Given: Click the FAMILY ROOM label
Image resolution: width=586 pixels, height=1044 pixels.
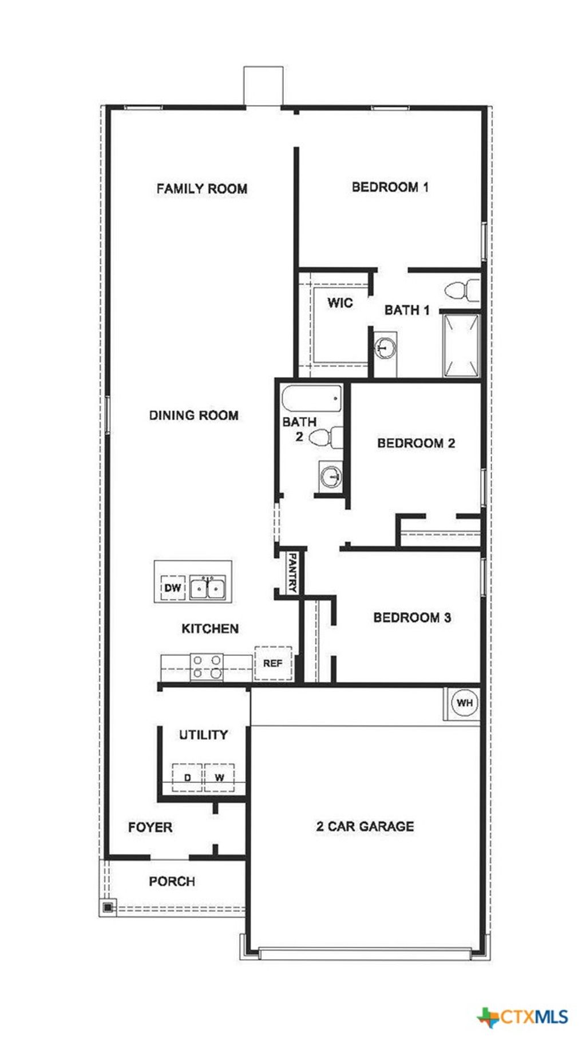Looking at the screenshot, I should coord(201,188).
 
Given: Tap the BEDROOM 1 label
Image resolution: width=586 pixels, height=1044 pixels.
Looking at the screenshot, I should coord(390,187).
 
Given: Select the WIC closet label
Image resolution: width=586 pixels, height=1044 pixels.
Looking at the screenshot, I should coord(340,302).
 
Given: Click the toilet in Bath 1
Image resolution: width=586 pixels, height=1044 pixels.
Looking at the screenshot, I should coord(462,290).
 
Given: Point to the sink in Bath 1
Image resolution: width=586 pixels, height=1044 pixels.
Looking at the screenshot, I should coord(385,347).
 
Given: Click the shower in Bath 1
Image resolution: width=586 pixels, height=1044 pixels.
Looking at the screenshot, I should coord(461,345).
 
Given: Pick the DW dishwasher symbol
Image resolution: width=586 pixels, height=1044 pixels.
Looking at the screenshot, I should coord(172,588).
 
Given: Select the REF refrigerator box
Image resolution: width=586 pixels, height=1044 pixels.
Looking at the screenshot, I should coord(273,663).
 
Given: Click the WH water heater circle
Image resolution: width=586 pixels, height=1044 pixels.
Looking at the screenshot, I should coord(464,703).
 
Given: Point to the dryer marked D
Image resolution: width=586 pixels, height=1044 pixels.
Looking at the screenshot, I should coord(187,777).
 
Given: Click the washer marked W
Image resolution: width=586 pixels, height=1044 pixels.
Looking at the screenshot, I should coord(219,777).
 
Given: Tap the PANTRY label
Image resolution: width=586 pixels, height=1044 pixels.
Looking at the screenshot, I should coord(292,572).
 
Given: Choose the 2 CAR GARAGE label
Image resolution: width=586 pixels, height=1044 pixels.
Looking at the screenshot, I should coord(365,826).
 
